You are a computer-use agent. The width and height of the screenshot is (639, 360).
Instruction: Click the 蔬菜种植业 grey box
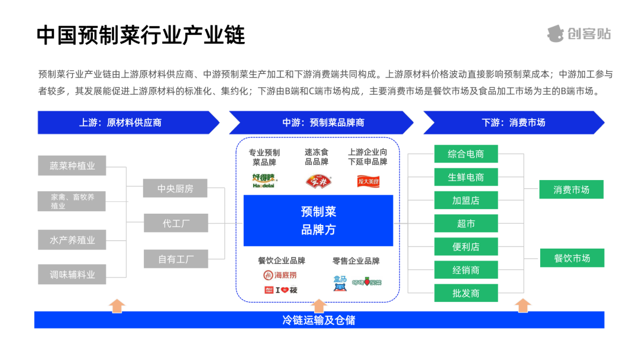[x=72, y=166]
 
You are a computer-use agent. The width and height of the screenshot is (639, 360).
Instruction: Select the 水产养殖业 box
[x=72, y=240]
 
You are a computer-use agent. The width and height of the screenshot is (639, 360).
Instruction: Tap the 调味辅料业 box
[x=72, y=274]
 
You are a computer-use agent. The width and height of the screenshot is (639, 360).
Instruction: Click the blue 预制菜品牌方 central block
[x=318, y=220]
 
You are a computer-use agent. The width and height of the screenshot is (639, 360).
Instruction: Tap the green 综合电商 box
[x=466, y=154]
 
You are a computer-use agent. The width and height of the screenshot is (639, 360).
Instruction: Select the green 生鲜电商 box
[x=466, y=177]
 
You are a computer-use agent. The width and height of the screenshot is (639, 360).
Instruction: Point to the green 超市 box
[x=466, y=224]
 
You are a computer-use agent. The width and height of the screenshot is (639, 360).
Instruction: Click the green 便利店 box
[x=466, y=247]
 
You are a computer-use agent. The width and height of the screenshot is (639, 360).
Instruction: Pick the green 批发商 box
[x=466, y=293]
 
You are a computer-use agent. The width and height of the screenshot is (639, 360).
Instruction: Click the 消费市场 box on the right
[x=571, y=189]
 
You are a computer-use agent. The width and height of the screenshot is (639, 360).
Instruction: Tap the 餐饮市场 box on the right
[x=572, y=258]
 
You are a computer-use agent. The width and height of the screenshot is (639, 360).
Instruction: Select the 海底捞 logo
[x=280, y=275]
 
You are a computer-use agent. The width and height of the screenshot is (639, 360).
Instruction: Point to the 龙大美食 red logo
[x=368, y=181]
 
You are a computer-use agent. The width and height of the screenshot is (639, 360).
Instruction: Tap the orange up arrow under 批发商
[x=522, y=306]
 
